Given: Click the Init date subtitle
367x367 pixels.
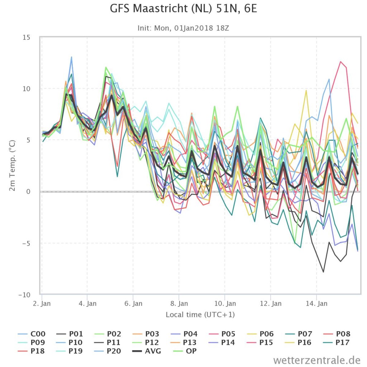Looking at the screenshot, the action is (183, 28).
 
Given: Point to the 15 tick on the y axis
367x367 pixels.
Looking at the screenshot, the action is (27, 37).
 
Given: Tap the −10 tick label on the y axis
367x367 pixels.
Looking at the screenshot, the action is (24, 295).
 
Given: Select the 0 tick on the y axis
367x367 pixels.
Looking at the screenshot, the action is (28, 192).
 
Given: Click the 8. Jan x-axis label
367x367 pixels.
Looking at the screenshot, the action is (179, 304).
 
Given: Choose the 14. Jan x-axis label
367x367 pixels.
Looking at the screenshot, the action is (316, 304).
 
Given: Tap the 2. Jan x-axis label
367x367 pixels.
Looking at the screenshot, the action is (42, 304).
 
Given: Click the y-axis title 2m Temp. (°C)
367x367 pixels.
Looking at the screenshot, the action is (12, 165).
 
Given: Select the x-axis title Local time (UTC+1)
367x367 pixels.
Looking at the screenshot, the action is (200, 315).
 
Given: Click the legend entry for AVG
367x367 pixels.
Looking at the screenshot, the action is (147, 351).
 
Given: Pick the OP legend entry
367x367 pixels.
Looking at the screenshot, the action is (185, 351).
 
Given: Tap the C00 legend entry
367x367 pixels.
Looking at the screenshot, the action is (32, 334).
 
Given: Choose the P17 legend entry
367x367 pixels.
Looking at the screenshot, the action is (337, 342).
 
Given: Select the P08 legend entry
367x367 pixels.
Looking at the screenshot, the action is (337, 334).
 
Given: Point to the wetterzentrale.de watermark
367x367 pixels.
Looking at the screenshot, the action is (317, 359).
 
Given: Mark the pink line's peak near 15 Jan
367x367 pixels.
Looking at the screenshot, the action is (340, 62).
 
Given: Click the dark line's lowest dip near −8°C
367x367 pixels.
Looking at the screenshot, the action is (324, 272).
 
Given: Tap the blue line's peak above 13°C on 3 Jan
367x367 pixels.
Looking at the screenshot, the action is (71, 57).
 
